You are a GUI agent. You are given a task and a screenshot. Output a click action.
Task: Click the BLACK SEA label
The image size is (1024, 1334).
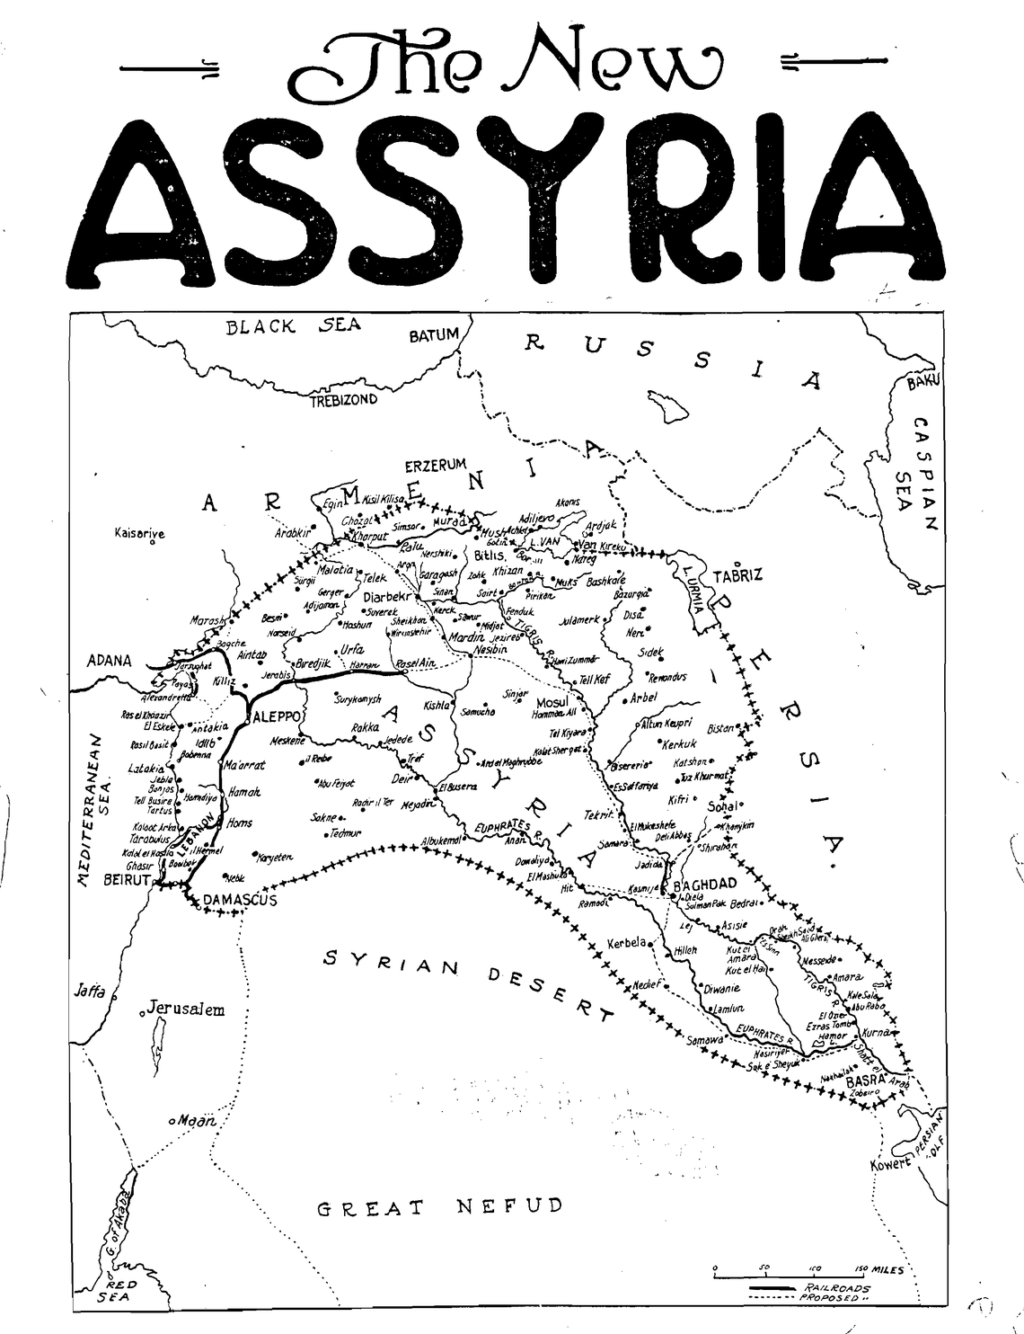click(x=293, y=326)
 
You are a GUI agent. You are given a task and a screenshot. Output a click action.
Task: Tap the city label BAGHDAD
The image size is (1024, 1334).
click(x=705, y=884)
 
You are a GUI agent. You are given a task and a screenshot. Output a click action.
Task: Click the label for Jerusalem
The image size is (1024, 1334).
click(x=186, y=1008)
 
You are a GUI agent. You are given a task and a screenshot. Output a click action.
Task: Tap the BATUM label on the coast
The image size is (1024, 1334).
click(x=434, y=336)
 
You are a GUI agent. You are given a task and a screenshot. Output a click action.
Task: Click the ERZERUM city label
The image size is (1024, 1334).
click(x=436, y=465)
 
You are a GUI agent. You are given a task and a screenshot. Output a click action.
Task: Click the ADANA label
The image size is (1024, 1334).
click(x=109, y=661)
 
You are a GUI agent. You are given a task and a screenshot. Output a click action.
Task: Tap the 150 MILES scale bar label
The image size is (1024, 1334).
click(x=878, y=1268)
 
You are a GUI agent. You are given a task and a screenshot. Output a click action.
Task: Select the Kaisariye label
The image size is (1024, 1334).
click(x=140, y=534)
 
